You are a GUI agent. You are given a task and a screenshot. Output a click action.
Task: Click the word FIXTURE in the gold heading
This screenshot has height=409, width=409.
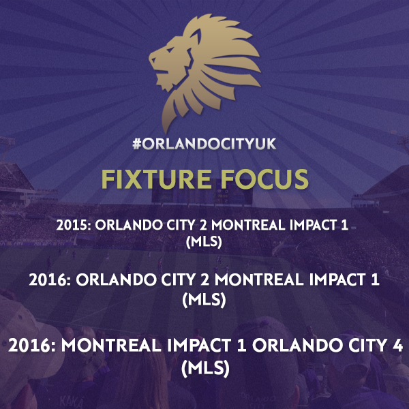tap(156, 179)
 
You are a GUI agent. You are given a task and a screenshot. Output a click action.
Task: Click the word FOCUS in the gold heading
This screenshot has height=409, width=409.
tap(264, 179)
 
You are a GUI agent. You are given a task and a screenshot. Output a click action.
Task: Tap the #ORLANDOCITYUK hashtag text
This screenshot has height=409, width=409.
tap(204, 144)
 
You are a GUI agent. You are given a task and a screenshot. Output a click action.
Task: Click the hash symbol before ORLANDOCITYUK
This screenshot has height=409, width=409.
tap(137, 144)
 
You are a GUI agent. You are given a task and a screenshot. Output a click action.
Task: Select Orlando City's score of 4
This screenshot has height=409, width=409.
tap(397, 345)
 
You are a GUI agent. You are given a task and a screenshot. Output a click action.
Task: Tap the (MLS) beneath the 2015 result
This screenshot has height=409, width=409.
tap(204, 242)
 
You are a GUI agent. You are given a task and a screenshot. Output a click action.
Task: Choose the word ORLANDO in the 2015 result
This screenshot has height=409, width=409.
tap(129, 225)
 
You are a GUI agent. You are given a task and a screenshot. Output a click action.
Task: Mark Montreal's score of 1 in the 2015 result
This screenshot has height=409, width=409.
tap(345, 225)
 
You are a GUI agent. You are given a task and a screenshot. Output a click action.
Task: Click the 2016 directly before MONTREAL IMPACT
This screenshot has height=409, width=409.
tap(31, 345)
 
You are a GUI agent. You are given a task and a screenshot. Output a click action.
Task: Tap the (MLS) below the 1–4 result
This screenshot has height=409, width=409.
tap(205, 368)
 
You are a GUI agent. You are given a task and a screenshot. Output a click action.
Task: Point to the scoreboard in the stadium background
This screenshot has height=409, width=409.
tap(202, 194)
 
